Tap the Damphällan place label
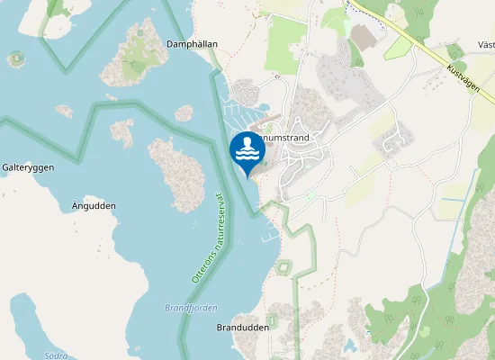tap(193, 43)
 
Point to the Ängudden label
tap(93, 206)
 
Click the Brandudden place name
tap(243, 328)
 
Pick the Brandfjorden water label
tap(191, 308)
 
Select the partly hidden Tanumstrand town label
tap(286, 138)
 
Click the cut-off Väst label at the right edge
tap(486, 44)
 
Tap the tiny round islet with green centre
tap(15, 59)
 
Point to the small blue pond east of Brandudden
tap(348, 345)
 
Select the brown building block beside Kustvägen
tap(364, 37)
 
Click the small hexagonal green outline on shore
tap(284, 267)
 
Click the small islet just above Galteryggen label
tap(64, 111)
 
